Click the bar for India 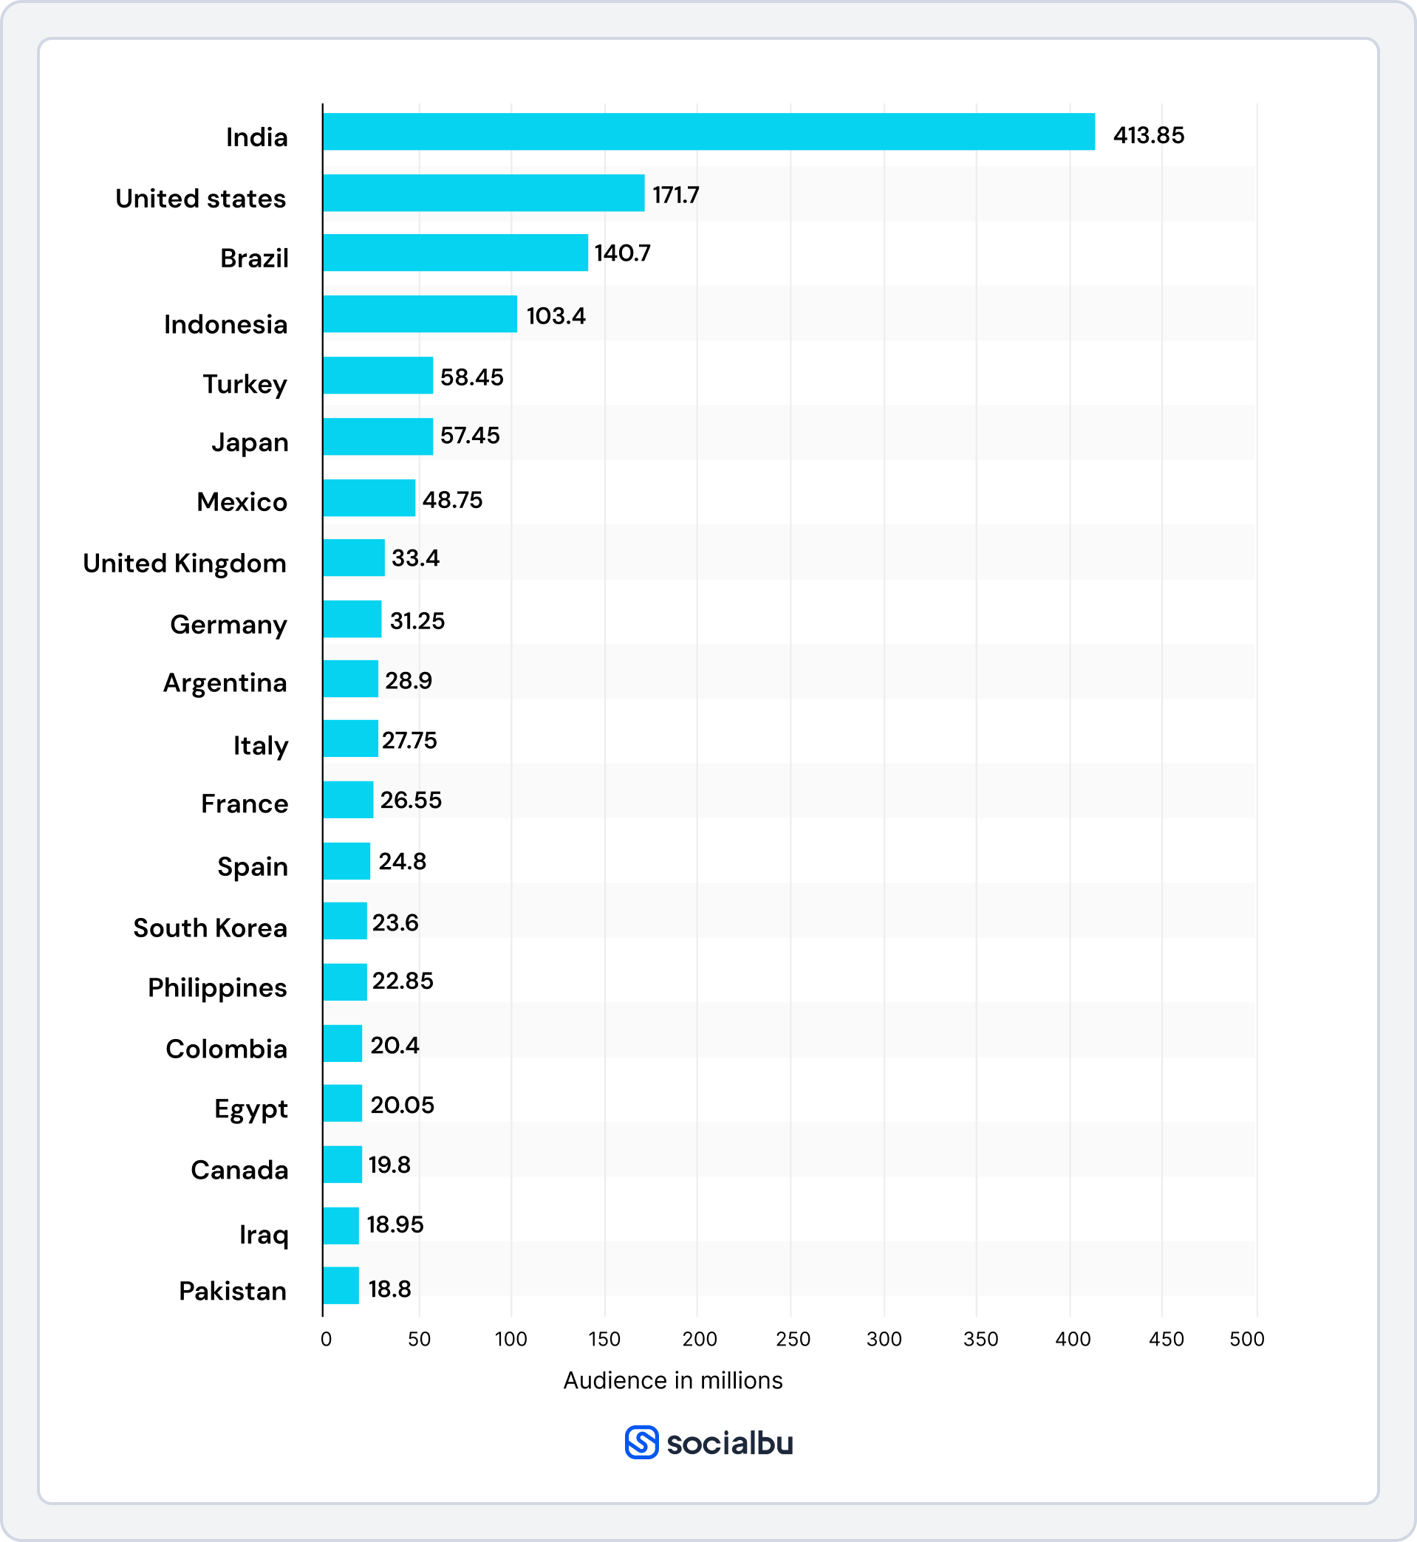pyautogui.click(x=708, y=131)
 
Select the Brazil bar pyautogui.click(x=455, y=253)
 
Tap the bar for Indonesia pyautogui.click(x=420, y=314)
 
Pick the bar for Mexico pyautogui.click(x=369, y=498)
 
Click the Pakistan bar pyautogui.click(x=341, y=1285)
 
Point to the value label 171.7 pyautogui.click(x=675, y=196)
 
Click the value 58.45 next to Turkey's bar pyautogui.click(x=471, y=377)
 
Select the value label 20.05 pyautogui.click(x=402, y=1104)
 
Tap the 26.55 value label pyautogui.click(x=411, y=800)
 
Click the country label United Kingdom pyautogui.click(x=185, y=563)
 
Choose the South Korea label pyautogui.click(x=210, y=928)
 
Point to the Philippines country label pyautogui.click(x=217, y=988)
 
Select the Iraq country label pyautogui.click(x=264, y=1235)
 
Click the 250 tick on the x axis pyautogui.click(x=793, y=1339)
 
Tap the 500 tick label pyautogui.click(x=1247, y=1339)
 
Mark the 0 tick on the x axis pyautogui.click(x=326, y=1339)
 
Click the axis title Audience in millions pyautogui.click(x=672, y=1380)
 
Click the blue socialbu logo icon pyautogui.click(x=641, y=1442)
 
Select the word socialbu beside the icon pyautogui.click(x=729, y=1443)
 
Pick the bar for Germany pyautogui.click(x=352, y=620)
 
